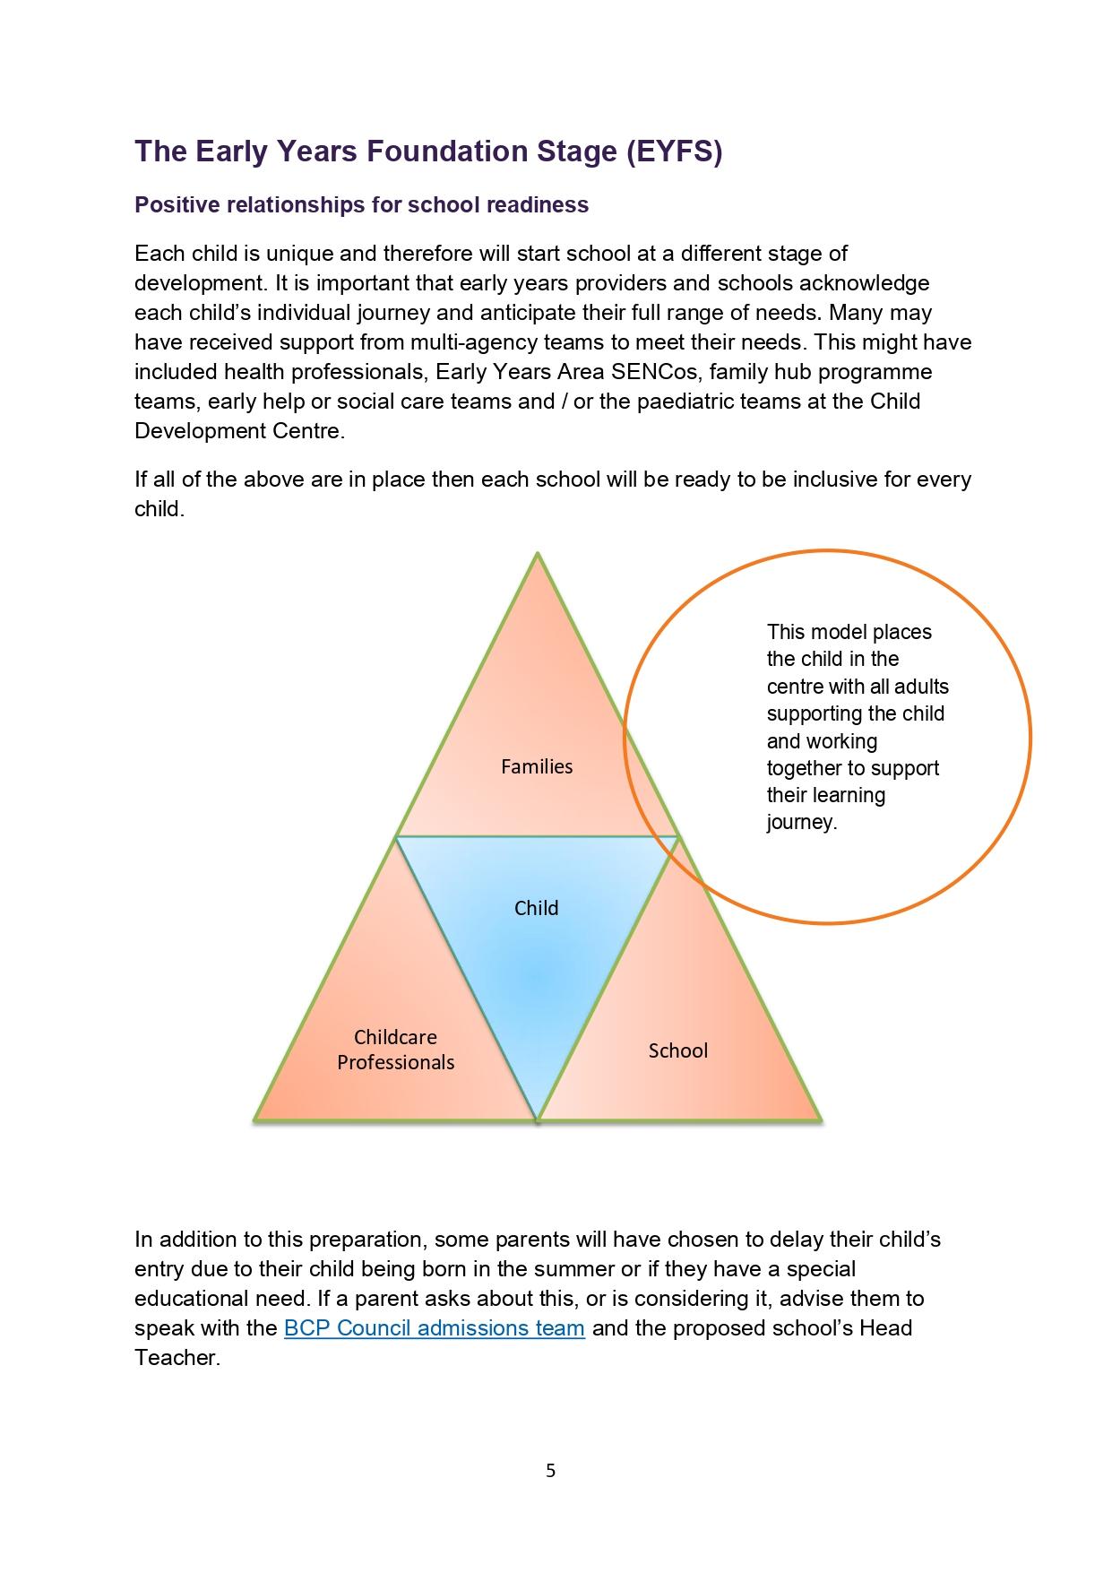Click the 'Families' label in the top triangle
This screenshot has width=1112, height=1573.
[536, 766]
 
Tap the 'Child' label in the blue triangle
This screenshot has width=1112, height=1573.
[536, 908]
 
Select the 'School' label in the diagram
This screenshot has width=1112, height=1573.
[677, 1050]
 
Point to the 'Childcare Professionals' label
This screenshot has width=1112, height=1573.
[395, 1050]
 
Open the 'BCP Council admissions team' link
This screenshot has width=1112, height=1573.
[434, 1327]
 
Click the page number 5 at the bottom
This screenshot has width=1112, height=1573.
[550, 1471]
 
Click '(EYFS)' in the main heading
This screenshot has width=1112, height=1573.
[674, 151]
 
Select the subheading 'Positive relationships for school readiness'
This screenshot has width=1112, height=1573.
[361, 205]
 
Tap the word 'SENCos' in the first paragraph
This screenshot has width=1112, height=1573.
[655, 372]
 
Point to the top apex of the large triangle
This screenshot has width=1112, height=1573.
[538, 554]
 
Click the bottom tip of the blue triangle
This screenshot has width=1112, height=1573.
[537, 1119]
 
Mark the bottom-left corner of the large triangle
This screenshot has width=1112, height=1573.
[256, 1119]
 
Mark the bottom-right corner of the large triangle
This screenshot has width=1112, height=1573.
[819, 1119]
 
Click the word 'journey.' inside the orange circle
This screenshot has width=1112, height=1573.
[801, 823]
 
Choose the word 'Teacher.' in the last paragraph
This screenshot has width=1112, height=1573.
[177, 1357]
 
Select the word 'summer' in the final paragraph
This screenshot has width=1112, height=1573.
[580, 1269]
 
